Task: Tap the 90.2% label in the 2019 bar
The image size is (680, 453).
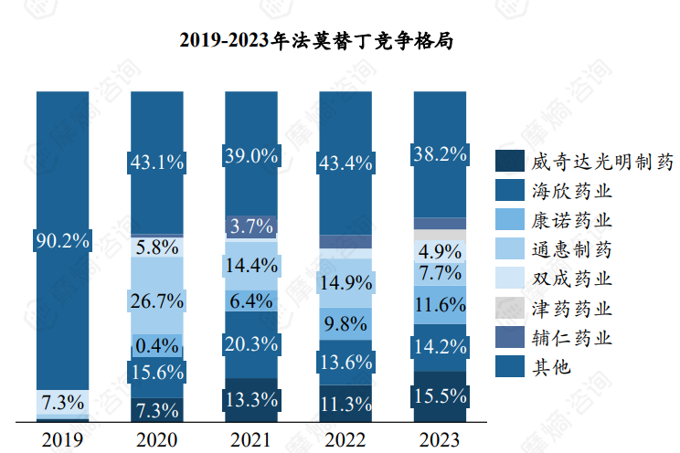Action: pyautogui.click(x=63, y=241)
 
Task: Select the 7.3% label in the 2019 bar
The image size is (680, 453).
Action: pyautogui.click(x=63, y=402)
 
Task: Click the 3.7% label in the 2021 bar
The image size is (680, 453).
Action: pyautogui.click(x=252, y=226)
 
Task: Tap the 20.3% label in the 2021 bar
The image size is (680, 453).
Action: pyautogui.click(x=252, y=344)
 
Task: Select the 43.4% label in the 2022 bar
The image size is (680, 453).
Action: pyautogui.click(x=345, y=163)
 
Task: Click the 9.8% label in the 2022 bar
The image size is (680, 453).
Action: pyautogui.click(x=345, y=323)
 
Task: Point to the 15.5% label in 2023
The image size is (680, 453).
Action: pyautogui.click(x=440, y=397)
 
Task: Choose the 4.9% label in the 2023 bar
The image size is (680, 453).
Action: pyautogui.click(x=440, y=250)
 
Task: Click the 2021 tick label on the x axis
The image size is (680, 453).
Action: pyautogui.click(x=251, y=440)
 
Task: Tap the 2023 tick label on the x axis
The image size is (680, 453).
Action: pyautogui.click(x=440, y=440)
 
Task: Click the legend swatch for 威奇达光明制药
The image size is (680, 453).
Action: pyautogui.click(x=509, y=163)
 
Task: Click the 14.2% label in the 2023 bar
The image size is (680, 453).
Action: pyautogui.click(x=440, y=346)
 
